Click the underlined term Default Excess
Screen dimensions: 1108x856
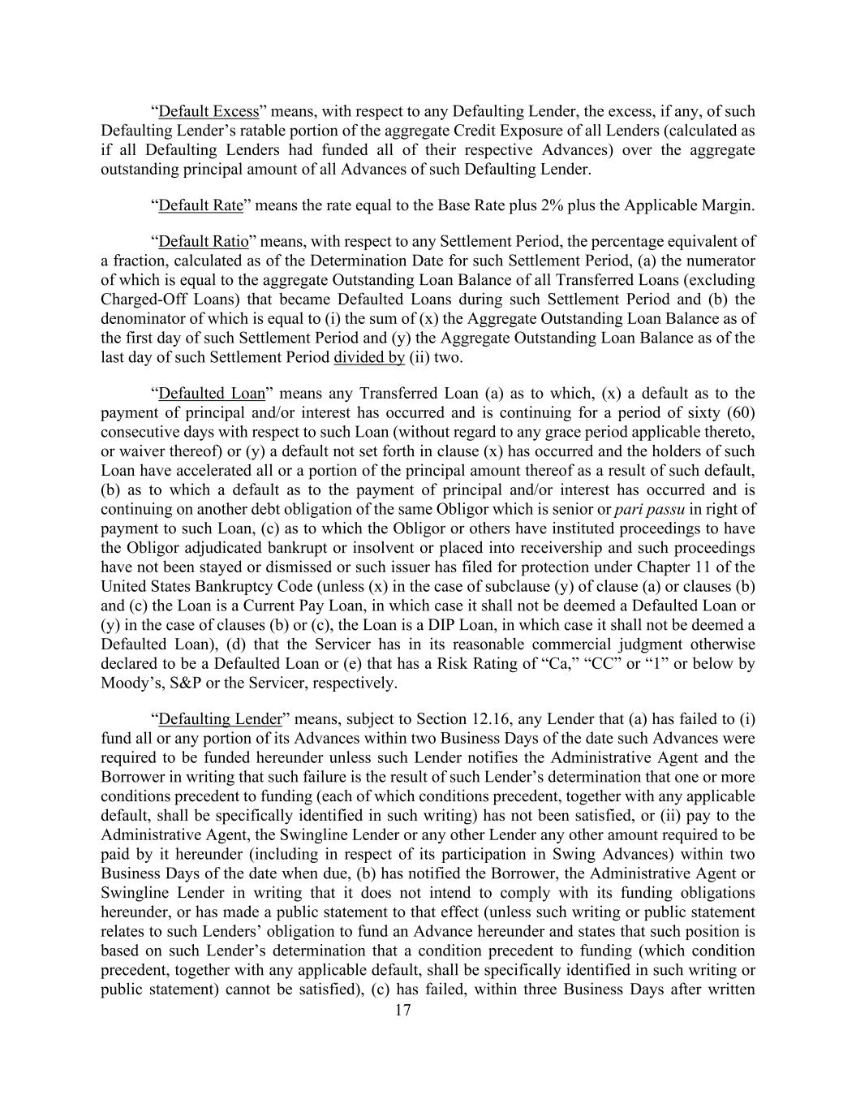click(x=209, y=111)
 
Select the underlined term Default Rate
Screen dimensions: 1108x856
click(x=200, y=205)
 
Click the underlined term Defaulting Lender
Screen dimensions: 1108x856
click(x=220, y=719)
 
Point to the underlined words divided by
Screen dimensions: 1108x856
click(x=369, y=358)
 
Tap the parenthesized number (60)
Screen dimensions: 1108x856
click(x=739, y=413)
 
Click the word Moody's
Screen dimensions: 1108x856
click(x=127, y=683)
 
